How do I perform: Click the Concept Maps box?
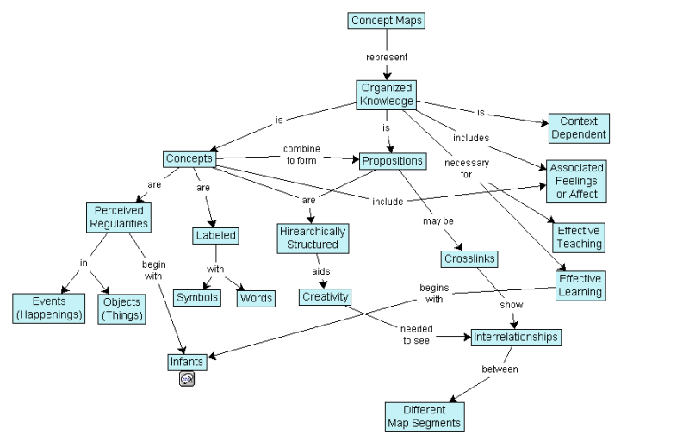pyautogui.click(x=388, y=21)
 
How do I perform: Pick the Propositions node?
pyautogui.click(x=391, y=161)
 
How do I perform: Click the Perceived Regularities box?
pyautogui.click(x=119, y=217)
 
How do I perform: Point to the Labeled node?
pyautogui.click(x=214, y=235)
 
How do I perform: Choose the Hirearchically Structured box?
pyautogui.click(x=312, y=239)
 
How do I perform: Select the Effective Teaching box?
pyautogui.click(x=579, y=238)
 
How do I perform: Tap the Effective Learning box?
pyautogui.click(x=580, y=286)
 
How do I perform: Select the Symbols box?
pyautogui.click(x=197, y=298)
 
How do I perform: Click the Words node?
pyautogui.click(x=256, y=298)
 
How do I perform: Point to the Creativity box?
pyautogui.click(x=325, y=297)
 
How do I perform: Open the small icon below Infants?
pyautogui.click(x=186, y=378)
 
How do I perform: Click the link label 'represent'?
pyautogui.click(x=386, y=57)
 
